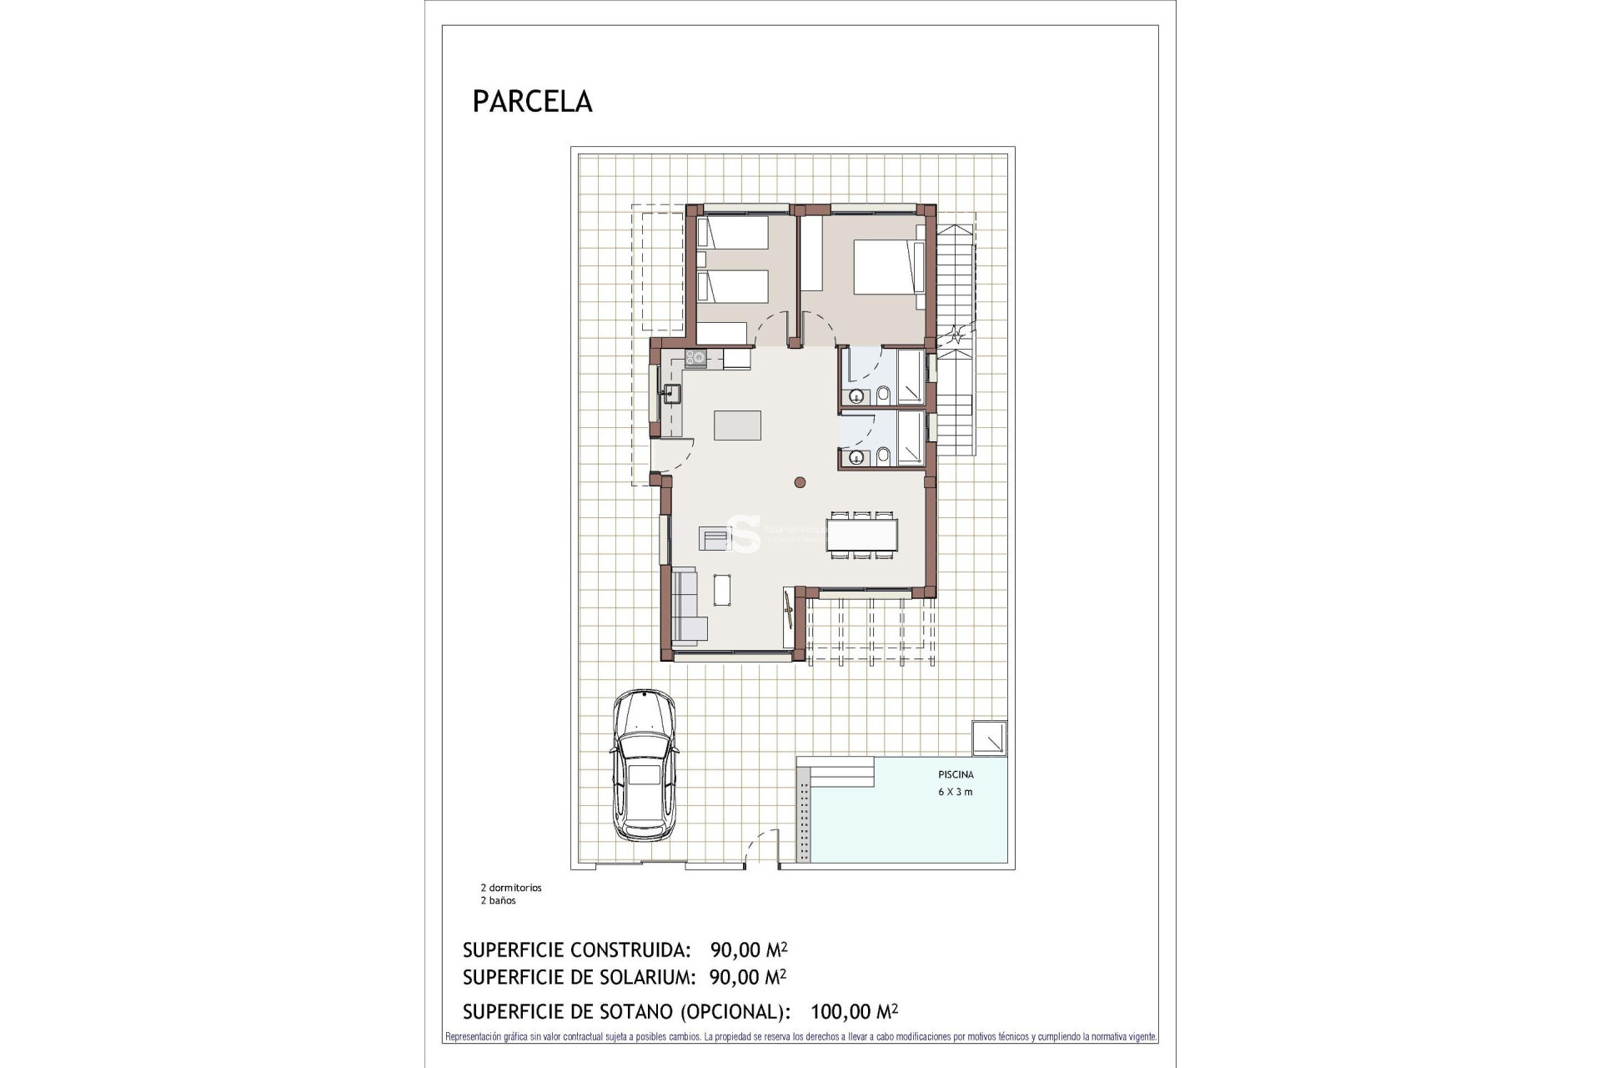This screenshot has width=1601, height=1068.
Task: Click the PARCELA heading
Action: pyautogui.click(x=532, y=101)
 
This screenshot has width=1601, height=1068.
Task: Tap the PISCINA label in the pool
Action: pyautogui.click(x=955, y=774)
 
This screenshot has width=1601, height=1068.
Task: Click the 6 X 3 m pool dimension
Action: pyautogui.click(x=955, y=792)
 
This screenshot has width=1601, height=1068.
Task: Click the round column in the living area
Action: pyautogui.click(x=800, y=481)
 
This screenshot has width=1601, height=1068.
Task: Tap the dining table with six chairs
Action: pyautogui.click(x=862, y=535)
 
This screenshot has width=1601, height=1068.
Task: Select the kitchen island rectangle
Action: pyautogui.click(x=738, y=425)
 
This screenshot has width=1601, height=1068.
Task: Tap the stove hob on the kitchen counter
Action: pyautogui.click(x=695, y=359)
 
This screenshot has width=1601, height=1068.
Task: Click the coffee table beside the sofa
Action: pyautogui.click(x=723, y=590)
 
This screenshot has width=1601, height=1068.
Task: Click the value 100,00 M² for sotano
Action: pyautogui.click(x=853, y=1012)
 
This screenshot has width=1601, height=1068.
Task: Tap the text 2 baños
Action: pyautogui.click(x=498, y=900)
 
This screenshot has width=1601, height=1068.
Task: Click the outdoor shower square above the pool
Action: pyautogui.click(x=990, y=739)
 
